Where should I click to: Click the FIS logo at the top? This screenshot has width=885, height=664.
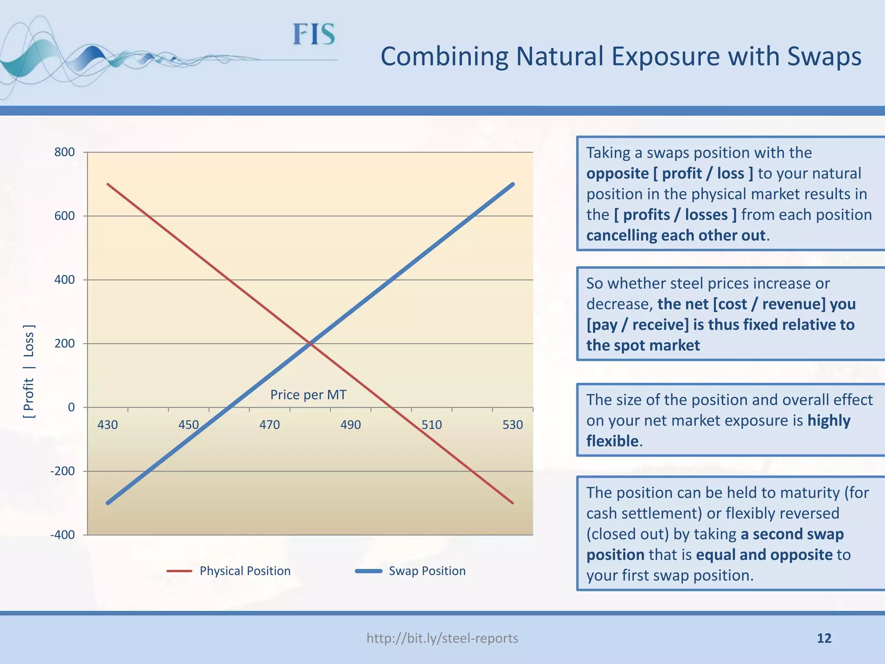(x=314, y=35)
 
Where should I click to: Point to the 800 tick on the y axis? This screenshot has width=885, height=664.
(x=64, y=152)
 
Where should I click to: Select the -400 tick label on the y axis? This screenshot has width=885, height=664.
(x=63, y=535)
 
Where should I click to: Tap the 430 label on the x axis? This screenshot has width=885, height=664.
(x=107, y=425)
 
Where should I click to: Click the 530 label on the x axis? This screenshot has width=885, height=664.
(x=513, y=425)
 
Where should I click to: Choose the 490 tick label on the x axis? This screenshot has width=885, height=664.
(x=350, y=425)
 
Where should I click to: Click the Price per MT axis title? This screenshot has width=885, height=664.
(x=308, y=395)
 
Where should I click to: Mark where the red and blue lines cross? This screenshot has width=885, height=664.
(x=310, y=344)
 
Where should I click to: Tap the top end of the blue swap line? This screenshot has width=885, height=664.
(x=513, y=185)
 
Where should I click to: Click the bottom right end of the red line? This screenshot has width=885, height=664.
(x=512, y=503)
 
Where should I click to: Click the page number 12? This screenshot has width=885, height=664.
(x=824, y=638)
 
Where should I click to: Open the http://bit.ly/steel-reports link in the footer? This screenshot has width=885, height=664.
(x=442, y=638)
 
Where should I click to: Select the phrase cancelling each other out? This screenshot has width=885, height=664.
(x=676, y=236)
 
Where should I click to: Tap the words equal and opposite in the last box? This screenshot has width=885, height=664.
(x=764, y=555)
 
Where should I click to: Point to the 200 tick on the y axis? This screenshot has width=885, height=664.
(x=64, y=344)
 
